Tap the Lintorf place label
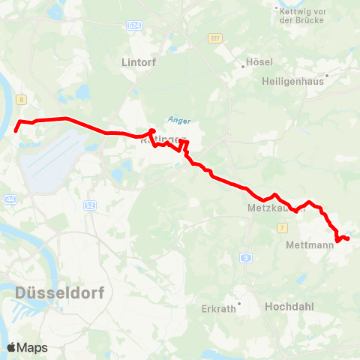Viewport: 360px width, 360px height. [138, 63]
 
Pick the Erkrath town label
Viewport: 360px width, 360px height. [220, 307]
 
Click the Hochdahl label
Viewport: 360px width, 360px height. [289, 307]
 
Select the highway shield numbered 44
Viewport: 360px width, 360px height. [10, 199]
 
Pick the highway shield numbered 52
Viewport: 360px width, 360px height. [89, 205]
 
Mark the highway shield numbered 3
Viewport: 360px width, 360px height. [246, 258]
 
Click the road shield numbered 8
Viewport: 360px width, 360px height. [22, 99]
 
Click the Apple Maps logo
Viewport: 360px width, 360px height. [27, 347]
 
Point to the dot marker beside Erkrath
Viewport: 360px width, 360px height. [238, 306]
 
